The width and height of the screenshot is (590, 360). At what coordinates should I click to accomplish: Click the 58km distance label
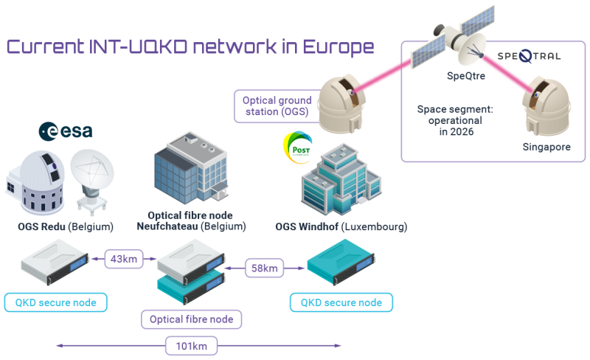[x=264, y=269]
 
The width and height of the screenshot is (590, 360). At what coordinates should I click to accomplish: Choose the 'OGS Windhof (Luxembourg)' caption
[x=341, y=226]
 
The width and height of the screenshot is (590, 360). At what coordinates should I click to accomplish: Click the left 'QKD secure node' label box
[x=55, y=302]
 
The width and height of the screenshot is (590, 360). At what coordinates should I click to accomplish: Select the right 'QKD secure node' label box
[x=341, y=302]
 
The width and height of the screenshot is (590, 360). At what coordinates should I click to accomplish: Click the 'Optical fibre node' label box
[x=192, y=319]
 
